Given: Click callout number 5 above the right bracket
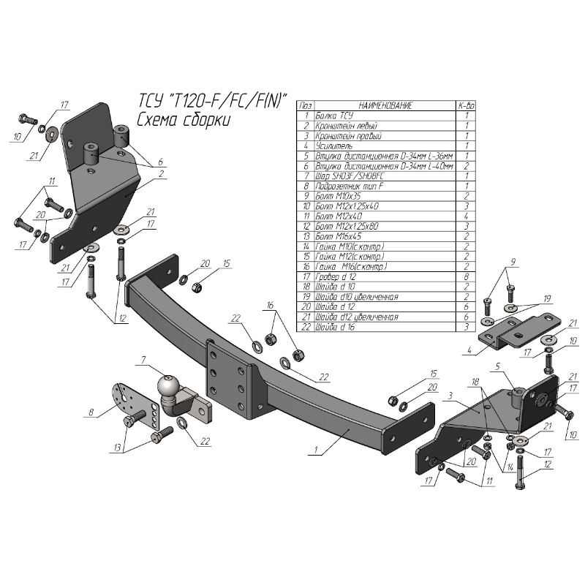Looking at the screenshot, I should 497,366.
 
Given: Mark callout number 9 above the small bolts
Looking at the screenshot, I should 513,261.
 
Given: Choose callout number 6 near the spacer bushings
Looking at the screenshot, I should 160,162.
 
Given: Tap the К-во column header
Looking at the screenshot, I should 466,106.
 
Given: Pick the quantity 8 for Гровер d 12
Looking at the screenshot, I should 466,277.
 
